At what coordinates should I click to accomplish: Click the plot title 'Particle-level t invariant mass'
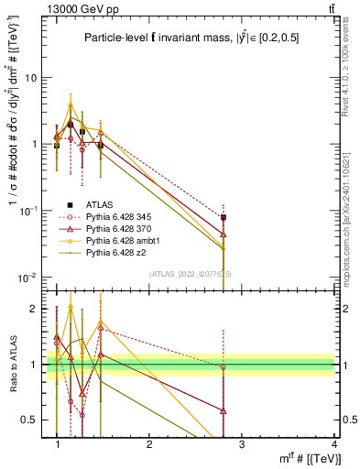pyautogui.click(x=191, y=38)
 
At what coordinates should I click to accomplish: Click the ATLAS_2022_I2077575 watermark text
pyautogui.click(x=191, y=274)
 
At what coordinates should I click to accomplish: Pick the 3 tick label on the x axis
pyautogui.click(x=241, y=444)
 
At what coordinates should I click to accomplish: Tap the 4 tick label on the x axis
pyautogui.click(x=333, y=444)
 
